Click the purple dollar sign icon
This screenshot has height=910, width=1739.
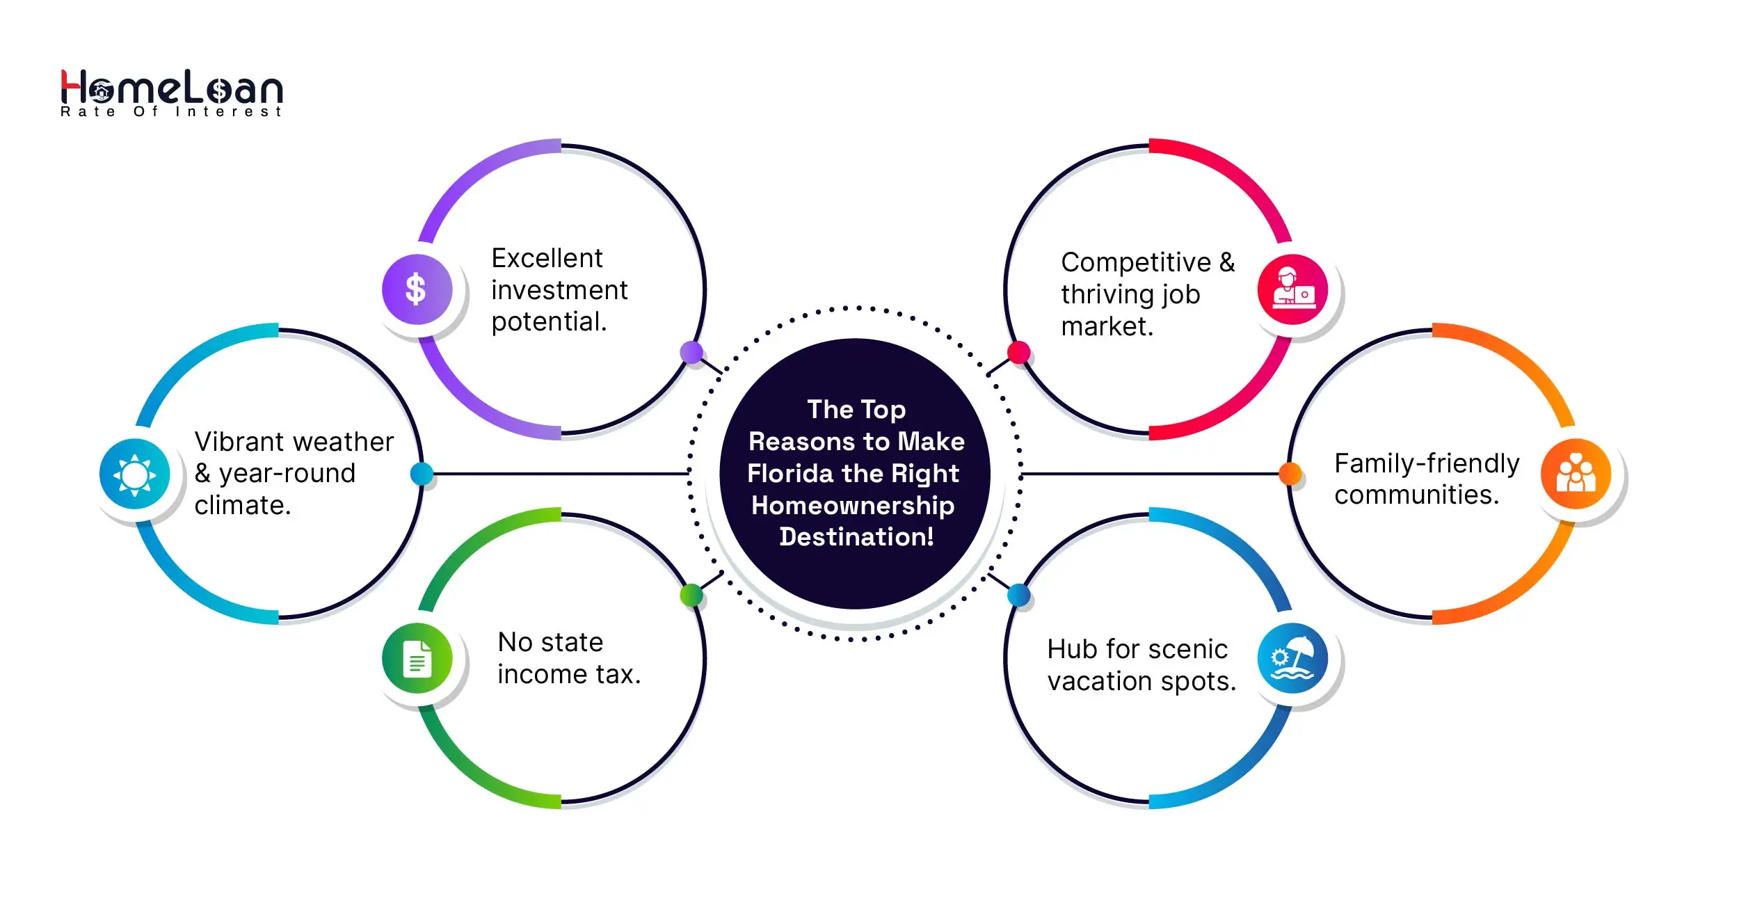coord(417,289)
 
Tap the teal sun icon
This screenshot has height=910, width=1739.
coord(135,474)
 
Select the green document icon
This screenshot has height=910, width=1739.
coord(417,658)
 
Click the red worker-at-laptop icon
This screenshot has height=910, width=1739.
coord(1292,289)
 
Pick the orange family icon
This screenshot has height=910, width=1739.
coord(1576,474)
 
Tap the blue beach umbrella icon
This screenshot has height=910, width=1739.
coord(1292,658)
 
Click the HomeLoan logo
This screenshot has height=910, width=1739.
coord(172,93)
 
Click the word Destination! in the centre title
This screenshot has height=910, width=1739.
coord(856,537)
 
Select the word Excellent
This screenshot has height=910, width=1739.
coord(547,258)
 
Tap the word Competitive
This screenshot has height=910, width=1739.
coord(1136,262)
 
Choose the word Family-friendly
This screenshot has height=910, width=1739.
coord(1427,463)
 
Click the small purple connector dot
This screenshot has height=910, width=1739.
coord(691,353)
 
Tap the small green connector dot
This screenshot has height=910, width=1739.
coord(691,595)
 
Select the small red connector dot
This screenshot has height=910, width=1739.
coord(1019,353)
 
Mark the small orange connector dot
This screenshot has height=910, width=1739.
coord(1290,474)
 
